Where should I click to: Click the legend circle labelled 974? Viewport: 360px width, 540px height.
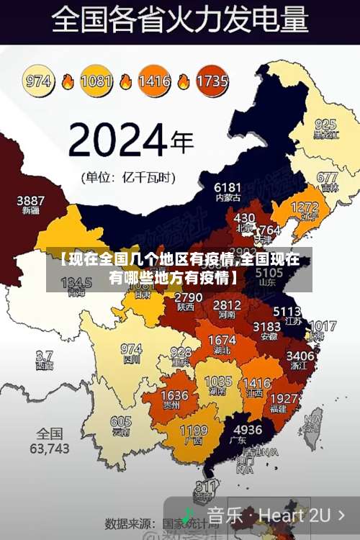pyautogui.click(x=39, y=81)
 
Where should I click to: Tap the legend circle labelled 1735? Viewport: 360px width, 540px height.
pyautogui.click(x=212, y=81)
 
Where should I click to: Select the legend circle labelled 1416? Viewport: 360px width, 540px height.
pyautogui.click(x=154, y=81)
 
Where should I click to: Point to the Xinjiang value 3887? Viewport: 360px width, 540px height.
pyautogui.click(x=31, y=199)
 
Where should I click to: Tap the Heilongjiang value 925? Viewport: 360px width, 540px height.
pyautogui.click(x=325, y=124)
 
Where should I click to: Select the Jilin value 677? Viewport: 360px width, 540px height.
pyautogui.click(x=327, y=177)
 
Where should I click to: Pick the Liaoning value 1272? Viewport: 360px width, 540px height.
pyautogui.click(x=305, y=207)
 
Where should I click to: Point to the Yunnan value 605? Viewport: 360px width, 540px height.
pyautogui.click(x=121, y=422)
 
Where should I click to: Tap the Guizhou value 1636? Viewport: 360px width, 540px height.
pyautogui.click(x=174, y=395)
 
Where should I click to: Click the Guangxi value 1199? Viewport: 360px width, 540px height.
pyautogui.click(x=193, y=430)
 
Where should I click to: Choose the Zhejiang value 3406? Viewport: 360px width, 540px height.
pyautogui.click(x=300, y=355)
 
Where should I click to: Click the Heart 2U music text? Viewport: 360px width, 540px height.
pyautogui.click(x=294, y=515)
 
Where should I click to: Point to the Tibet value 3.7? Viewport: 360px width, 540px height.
pyautogui.click(x=44, y=356)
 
